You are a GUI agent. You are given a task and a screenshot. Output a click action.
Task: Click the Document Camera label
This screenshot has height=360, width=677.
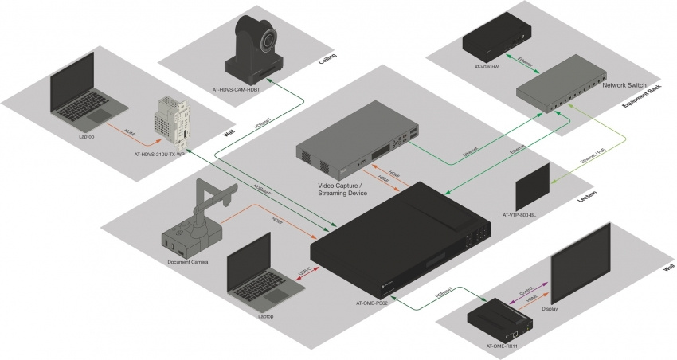point(187,262)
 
